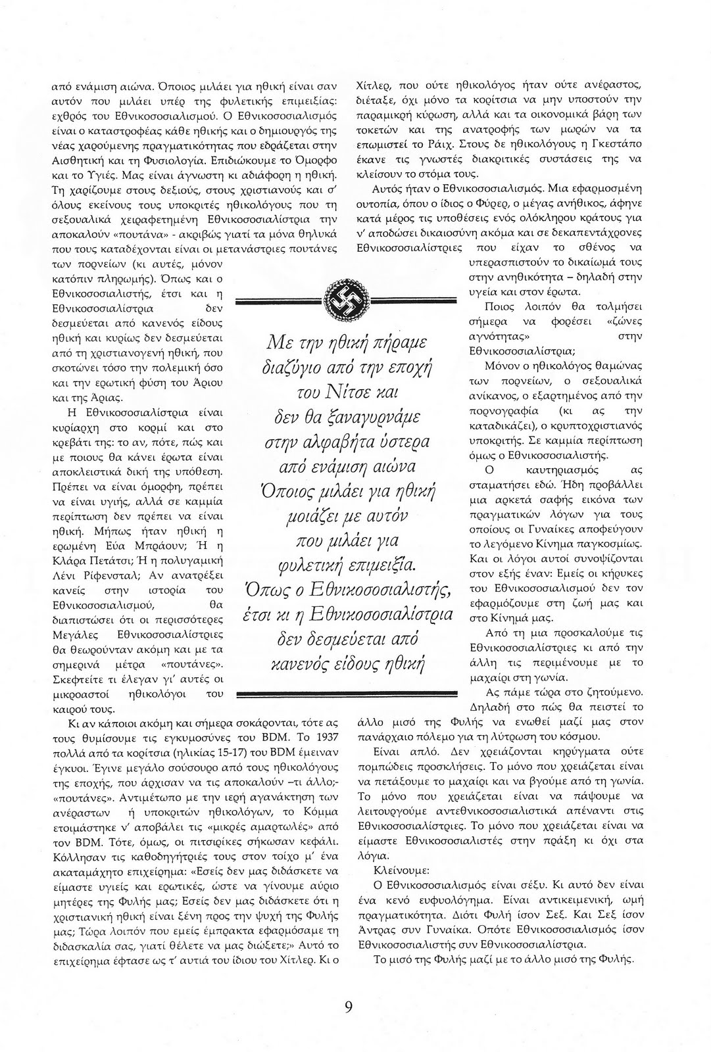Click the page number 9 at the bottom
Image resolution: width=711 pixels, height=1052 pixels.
349,1007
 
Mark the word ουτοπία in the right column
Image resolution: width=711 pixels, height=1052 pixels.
374,202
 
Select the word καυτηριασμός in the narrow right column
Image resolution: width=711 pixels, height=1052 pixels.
558,470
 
